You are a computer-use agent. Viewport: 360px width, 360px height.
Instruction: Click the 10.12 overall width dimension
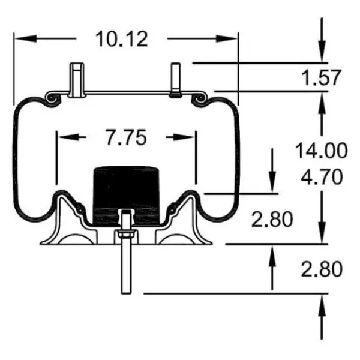[x=121, y=39]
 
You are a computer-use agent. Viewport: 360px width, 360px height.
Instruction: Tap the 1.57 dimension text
[x=319, y=77]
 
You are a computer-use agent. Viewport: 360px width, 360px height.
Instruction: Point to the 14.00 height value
[x=320, y=150]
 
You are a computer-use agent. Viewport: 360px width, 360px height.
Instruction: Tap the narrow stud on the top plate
[x=175, y=79]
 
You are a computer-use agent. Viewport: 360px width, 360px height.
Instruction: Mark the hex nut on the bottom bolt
[x=127, y=235]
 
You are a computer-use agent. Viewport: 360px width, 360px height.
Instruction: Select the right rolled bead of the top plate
[x=199, y=97]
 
